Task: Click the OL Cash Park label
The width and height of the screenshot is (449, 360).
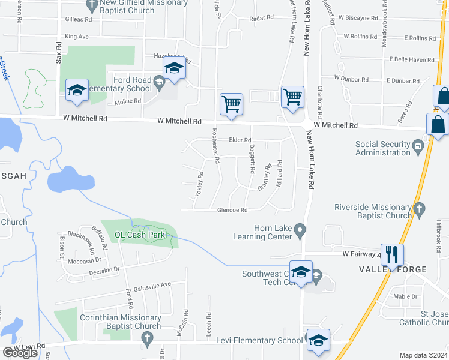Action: click(139, 235)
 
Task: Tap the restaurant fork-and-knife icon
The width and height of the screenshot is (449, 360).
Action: click(391, 254)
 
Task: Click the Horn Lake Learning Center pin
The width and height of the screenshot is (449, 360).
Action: click(301, 229)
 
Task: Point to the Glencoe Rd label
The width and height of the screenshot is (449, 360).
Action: click(232, 210)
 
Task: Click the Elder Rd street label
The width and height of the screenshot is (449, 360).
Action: click(239, 140)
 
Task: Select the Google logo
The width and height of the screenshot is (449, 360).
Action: click(20, 353)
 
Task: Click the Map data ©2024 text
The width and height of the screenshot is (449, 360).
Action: click(423, 355)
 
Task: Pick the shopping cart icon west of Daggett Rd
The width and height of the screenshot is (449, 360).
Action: click(231, 104)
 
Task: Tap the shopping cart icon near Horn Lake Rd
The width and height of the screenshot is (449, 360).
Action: click(292, 96)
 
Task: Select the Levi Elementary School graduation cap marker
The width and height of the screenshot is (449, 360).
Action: click(318, 340)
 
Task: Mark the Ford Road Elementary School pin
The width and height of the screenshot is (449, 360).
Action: click(159, 83)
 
